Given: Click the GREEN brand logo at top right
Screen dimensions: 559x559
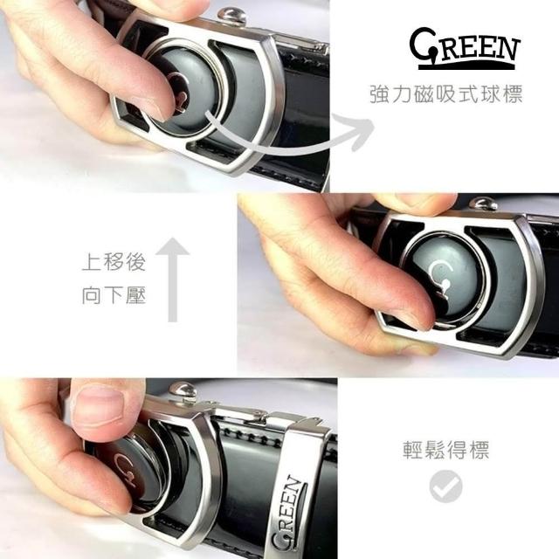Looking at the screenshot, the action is click(x=466, y=49).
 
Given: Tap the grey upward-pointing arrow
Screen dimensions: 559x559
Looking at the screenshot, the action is click(x=173, y=279).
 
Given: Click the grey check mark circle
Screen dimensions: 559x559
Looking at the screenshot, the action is click(x=445, y=487).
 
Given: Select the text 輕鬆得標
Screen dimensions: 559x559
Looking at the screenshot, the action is click(x=446, y=450).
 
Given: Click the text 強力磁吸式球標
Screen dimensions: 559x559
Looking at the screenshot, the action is click(x=446, y=94).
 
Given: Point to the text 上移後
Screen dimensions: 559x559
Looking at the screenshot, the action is click(x=114, y=262).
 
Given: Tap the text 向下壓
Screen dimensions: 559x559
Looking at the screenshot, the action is click(x=114, y=295).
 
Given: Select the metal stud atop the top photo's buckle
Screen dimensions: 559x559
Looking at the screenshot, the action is click(x=232, y=17).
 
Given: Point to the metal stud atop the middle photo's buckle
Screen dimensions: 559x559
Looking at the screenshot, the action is click(x=483, y=204).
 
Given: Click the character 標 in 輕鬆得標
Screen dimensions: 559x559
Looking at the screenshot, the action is click(x=480, y=450).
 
